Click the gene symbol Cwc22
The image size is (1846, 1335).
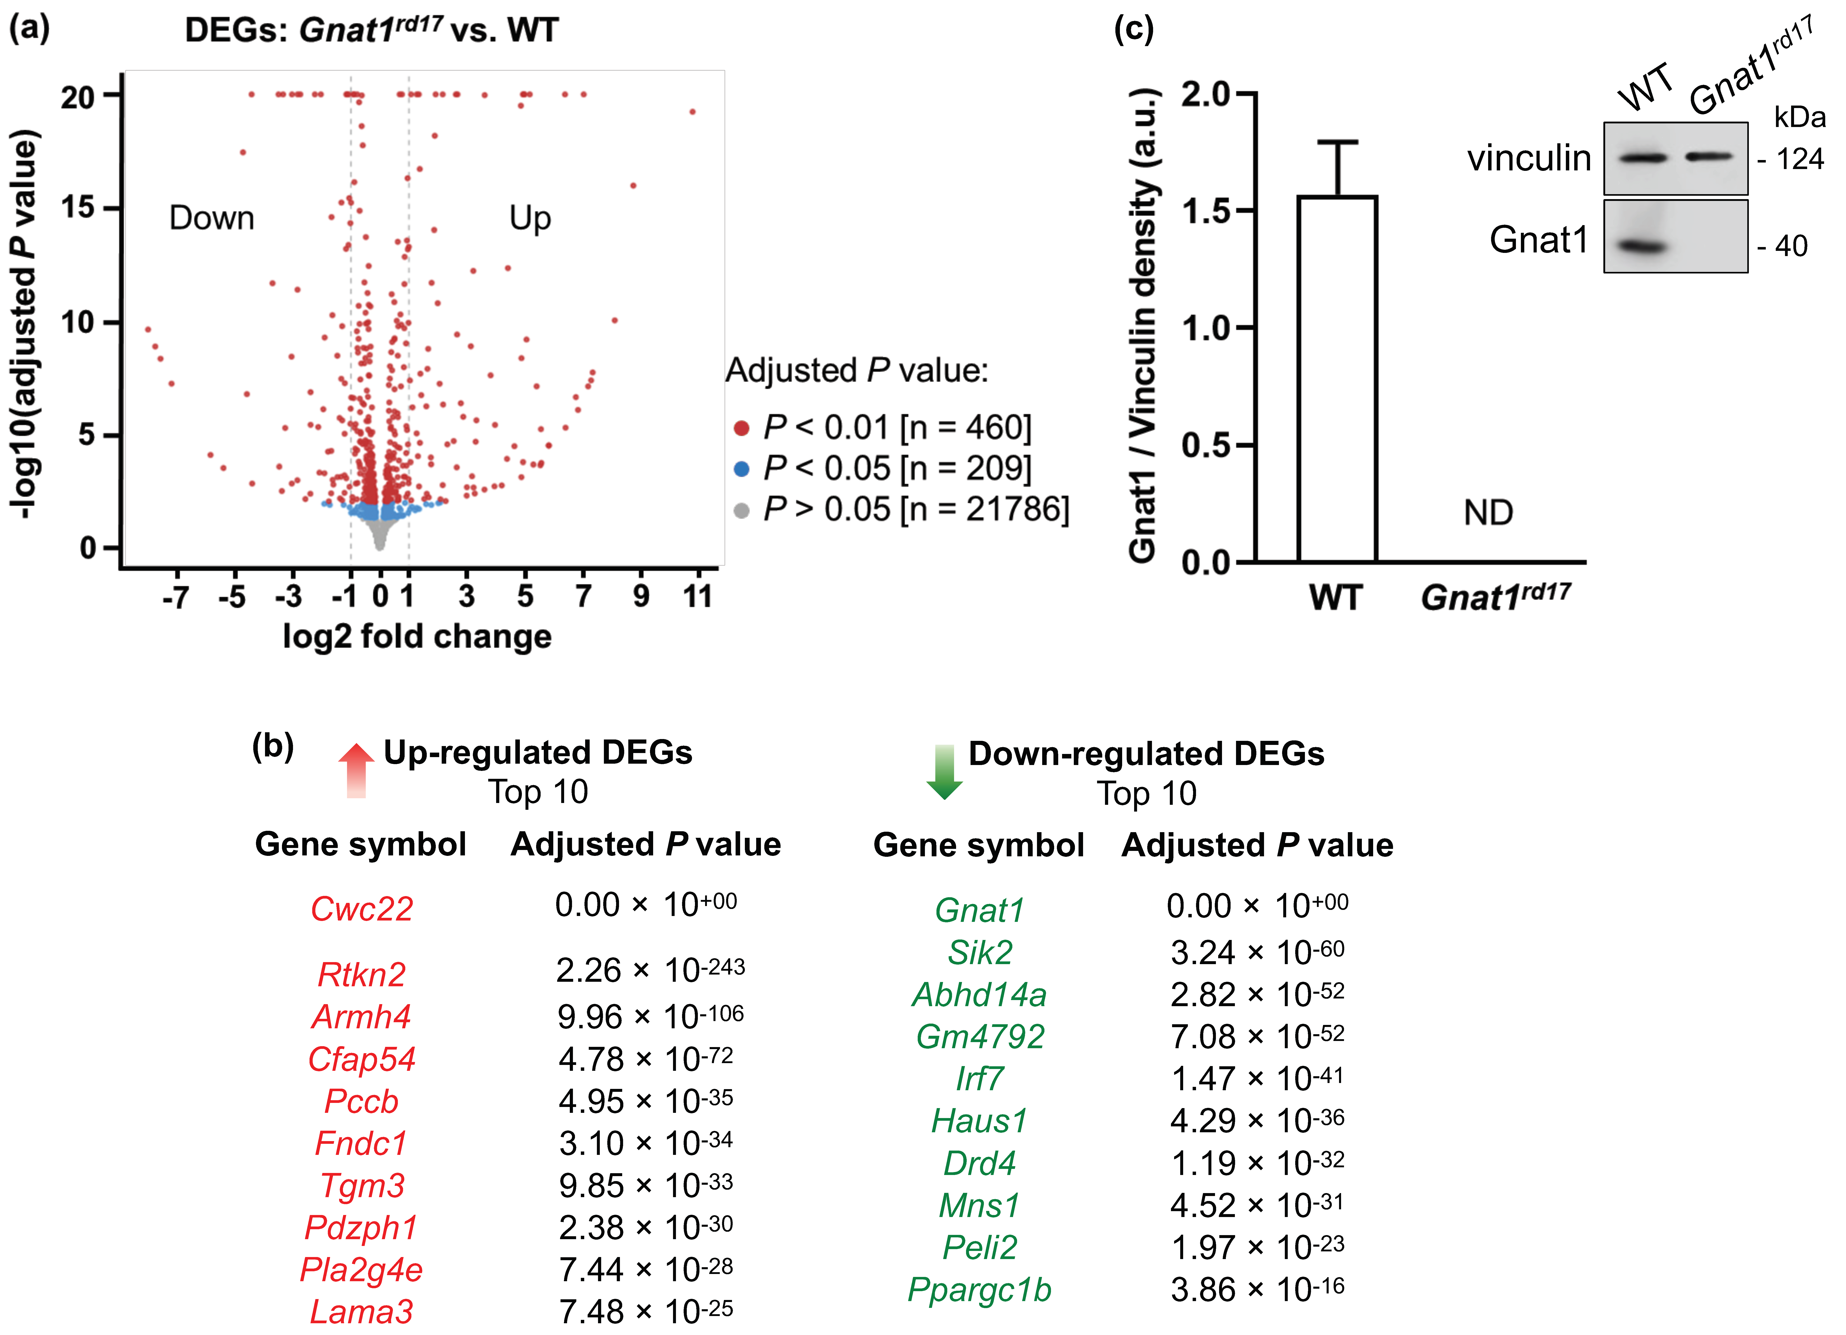point(361,909)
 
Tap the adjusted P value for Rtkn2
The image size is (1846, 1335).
point(650,970)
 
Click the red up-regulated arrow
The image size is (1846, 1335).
point(356,769)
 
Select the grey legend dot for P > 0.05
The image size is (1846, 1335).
point(741,510)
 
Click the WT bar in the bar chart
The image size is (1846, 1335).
point(1337,379)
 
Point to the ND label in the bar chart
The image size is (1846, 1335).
point(1488,513)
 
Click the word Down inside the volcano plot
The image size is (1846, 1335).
point(212,218)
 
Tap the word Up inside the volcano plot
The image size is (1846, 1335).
point(530,218)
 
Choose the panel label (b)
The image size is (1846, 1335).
point(273,746)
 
